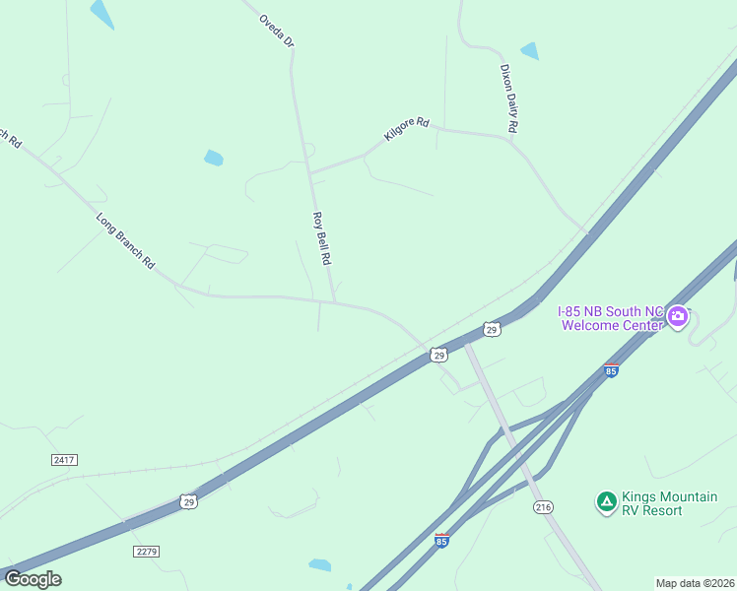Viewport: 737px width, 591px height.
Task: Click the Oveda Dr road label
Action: point(277,31)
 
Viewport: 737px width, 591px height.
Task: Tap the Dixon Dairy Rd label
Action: point(508,98)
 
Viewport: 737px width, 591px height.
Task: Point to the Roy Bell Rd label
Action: point(320,237)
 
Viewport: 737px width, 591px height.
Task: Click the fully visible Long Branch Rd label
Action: point(126,241)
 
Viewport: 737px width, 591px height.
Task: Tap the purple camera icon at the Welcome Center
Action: point(677,316)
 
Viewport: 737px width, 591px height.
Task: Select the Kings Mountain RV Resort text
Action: point(669,503)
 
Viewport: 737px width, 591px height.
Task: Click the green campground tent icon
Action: point(607,502)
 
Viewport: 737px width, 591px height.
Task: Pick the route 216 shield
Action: point(543,506)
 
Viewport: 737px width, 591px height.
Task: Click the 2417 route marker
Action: point(64,459)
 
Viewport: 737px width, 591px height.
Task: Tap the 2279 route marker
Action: point(147,551)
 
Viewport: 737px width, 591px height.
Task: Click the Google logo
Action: point(33,579)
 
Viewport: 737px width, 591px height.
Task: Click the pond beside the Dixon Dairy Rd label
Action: point(530,51)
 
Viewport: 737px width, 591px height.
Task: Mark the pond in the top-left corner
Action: point(101,13)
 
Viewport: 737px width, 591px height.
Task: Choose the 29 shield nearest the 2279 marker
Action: point(189,501)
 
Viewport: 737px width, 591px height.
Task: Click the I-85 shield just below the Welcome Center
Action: point(612,370)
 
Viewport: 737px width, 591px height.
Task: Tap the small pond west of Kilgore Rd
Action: point(213,158)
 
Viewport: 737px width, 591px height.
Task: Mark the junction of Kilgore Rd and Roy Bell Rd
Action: point(311,172)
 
